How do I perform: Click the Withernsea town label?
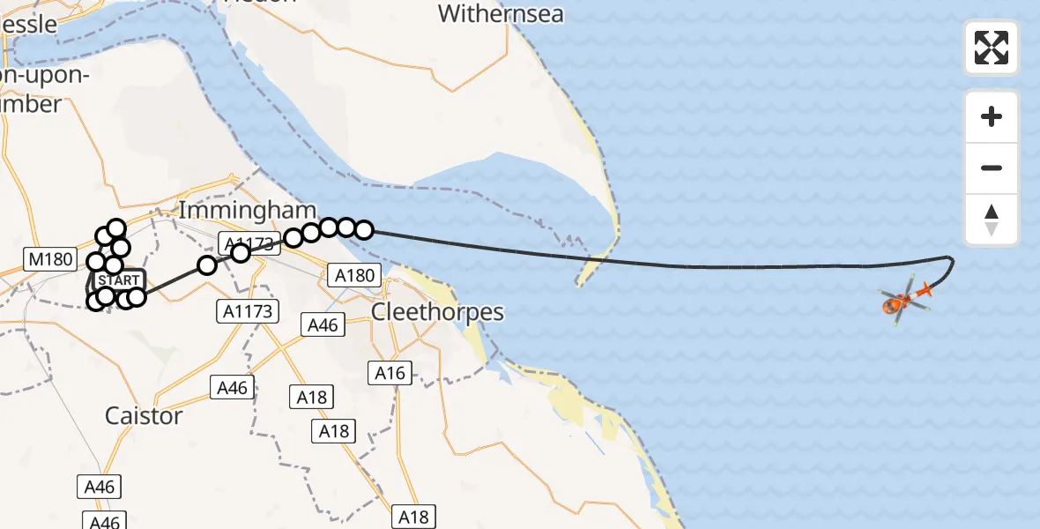(x=501, y=13)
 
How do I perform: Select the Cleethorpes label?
(x=437, y=311)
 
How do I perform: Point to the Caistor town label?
(x=144, y=415)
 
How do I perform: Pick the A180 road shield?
(x=357, y=276)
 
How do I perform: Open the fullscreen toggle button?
(x=992, y=48)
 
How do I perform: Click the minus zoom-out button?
(x=992, y=168)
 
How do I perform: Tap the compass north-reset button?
(x=992, y=220)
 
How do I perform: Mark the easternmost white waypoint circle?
(x=363, y=230)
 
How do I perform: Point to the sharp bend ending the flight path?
(x=950, y=257)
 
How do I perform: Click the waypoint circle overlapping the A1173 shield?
(x=241, y=253)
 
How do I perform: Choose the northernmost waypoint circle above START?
(x=116, y=228)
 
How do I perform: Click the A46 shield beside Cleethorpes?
(x=323, y=325)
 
